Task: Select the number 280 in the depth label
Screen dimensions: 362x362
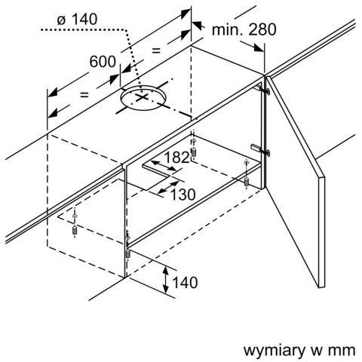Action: point(263,29)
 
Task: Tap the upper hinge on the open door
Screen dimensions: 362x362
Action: point(264,89)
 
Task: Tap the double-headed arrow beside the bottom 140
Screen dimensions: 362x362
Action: point(165,281)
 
